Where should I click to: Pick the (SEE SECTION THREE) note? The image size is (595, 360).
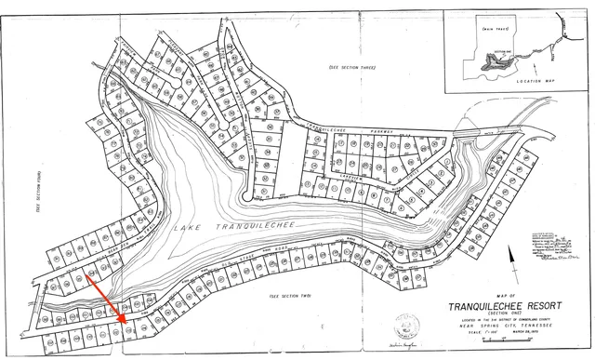[352, 69]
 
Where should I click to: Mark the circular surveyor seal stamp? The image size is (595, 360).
[406, 326]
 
